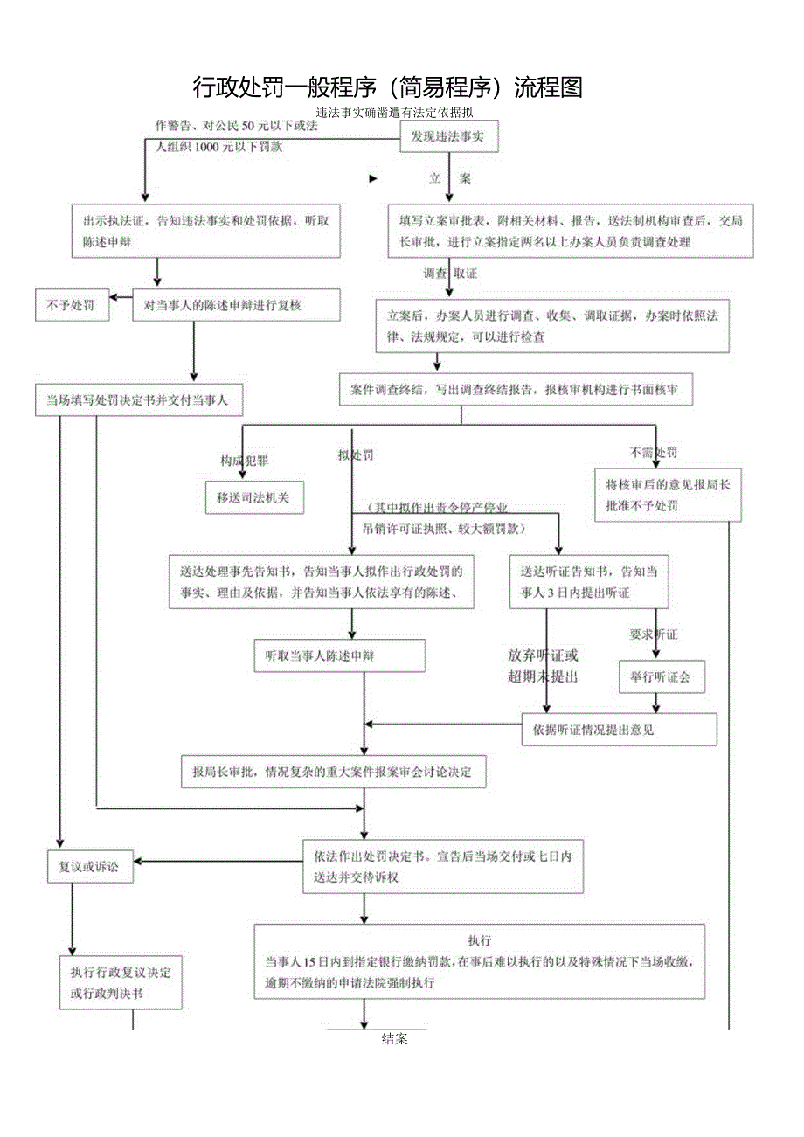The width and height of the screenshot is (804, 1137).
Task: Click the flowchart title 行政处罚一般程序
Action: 387,87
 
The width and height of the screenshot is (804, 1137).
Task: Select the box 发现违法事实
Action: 448,136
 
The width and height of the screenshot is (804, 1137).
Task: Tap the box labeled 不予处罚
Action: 72,306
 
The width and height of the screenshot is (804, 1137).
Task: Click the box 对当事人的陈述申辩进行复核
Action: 236,306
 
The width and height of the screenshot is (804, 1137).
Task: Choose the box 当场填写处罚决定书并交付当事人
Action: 137,400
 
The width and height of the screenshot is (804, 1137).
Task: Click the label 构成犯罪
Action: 244,460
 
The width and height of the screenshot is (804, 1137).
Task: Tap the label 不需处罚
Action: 653,453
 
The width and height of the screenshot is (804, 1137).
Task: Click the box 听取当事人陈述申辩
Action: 340,655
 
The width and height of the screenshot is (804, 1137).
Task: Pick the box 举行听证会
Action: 662,676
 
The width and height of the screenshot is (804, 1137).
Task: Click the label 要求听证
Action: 654,634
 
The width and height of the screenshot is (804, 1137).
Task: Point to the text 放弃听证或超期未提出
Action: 543,665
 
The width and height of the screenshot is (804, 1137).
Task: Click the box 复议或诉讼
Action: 90,866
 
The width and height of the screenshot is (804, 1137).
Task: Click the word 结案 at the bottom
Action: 395,1039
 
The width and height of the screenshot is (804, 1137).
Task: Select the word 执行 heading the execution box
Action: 479,940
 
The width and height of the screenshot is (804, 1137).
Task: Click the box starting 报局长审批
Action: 333,773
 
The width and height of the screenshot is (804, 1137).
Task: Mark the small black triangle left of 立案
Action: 373,178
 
